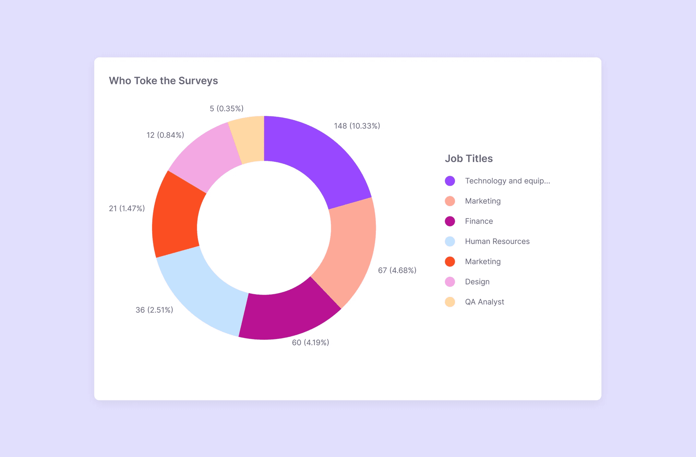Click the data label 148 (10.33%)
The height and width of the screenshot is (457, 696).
(357, 126)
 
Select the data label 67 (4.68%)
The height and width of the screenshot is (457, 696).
(397, 270)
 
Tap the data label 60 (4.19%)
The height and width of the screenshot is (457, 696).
(310, 343)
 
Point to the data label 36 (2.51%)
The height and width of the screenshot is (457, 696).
(154, 310)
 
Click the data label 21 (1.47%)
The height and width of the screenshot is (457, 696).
(127, 208)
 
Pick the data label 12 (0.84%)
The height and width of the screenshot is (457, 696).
(165, 135)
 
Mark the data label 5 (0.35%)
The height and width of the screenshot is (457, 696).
(226, 108)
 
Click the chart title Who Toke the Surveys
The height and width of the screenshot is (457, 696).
(163, 81)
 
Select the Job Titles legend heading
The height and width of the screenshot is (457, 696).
(468, 158)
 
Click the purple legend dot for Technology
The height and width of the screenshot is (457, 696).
(450, 181)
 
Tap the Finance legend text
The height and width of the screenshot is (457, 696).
(479, 221)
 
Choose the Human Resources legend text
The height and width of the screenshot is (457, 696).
(497, 241)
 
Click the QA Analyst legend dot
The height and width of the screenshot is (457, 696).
(450, 302)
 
